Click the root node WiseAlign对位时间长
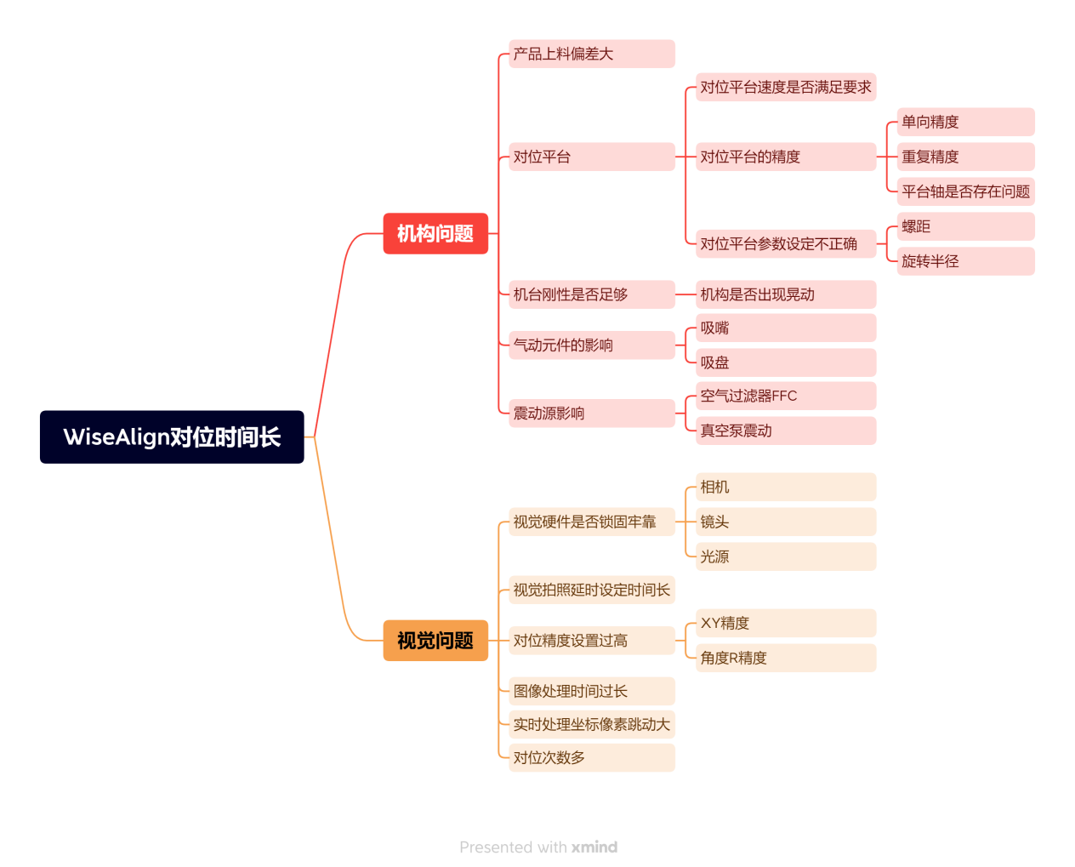point(172,436)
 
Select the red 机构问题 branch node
point(435,233)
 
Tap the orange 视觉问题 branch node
point(435,640)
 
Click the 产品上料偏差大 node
point(591,54)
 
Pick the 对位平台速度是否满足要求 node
point(785,87)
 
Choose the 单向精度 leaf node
point(965,122)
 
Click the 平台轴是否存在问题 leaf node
point(965,191)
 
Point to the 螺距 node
point(965,226)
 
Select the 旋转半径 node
point(965,261)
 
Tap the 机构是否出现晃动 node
point(785,294)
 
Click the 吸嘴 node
point(785,328)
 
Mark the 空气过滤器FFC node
point(785,396)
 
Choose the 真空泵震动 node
point(785,431)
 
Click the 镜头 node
point(785,522)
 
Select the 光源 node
point(785,556)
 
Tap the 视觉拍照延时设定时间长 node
point(591,590)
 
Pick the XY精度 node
point(785,623)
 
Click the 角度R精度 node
point(785,658)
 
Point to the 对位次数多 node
point(591,757)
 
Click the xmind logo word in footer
point(594,847)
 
